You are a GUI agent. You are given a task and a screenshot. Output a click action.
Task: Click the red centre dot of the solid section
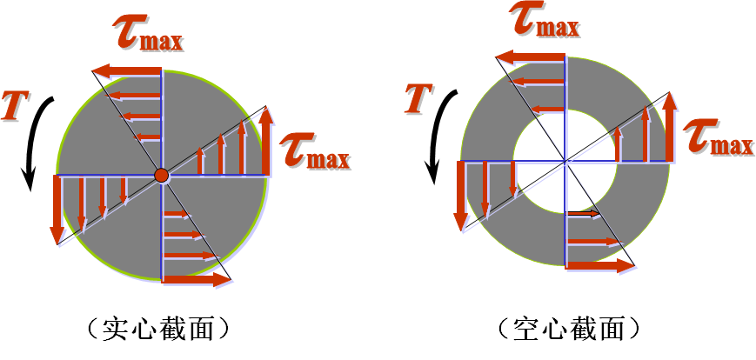point(161,176)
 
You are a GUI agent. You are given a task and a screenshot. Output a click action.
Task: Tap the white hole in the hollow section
point(565,162)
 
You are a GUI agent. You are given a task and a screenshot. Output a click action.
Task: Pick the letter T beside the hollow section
point(421,97)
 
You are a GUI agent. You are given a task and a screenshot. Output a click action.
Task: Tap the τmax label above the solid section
point(147,33)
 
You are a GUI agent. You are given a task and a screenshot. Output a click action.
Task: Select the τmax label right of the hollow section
point(718,137)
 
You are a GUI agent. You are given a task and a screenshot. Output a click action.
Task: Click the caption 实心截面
point(158,329)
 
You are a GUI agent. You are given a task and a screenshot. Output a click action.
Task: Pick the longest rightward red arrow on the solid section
point(195,280)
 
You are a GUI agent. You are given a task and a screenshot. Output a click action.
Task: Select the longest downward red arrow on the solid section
point(57,209)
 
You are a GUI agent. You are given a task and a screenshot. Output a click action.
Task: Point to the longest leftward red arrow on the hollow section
point(532,58)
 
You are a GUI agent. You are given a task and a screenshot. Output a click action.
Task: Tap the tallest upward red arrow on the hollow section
point(669,127)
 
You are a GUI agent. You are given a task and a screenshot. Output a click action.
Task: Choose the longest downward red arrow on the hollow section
point(461,196)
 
